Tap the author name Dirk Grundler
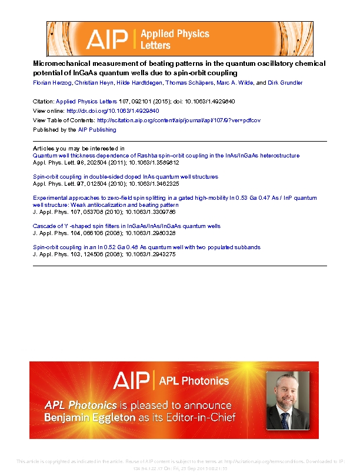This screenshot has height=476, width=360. (x=285, y=83)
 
